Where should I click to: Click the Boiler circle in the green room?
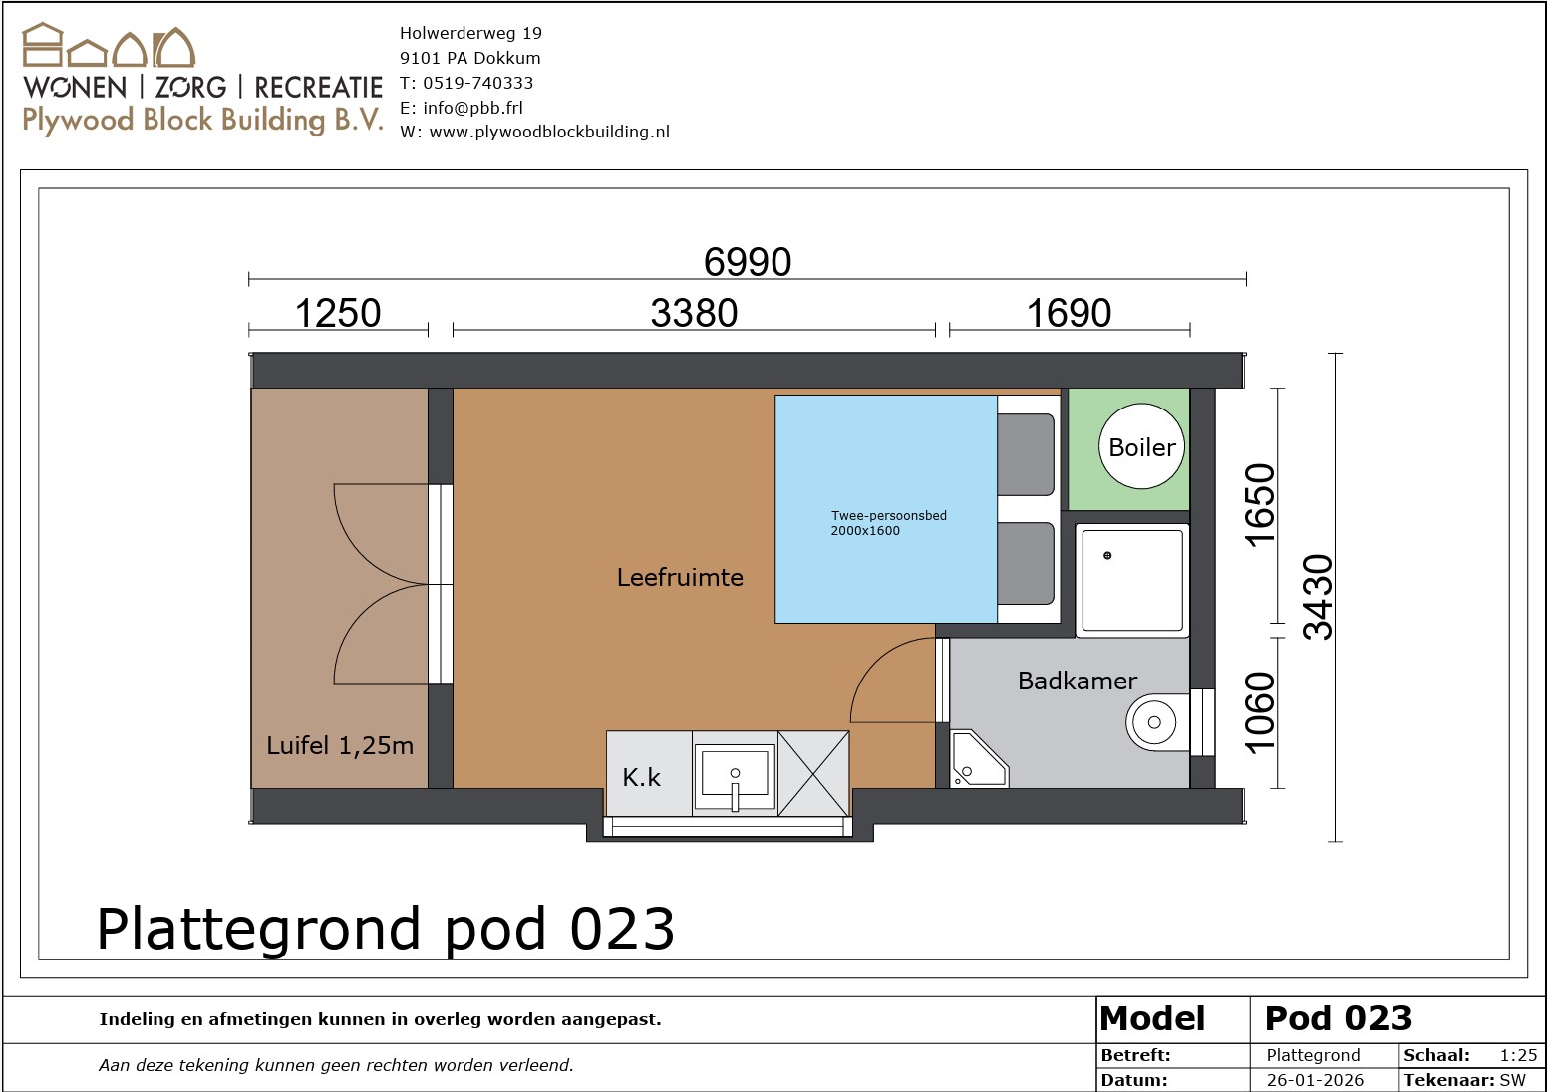pyautogui.click(x=1141, y=446)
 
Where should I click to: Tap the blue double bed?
pyautogui.click(x=885, y=509)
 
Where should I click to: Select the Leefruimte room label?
pyautogui.click(x=680, y=577)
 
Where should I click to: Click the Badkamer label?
pyautogui.click(x=1078, y=682)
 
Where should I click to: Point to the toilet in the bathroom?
pyautogui.click(x=1157, y=722)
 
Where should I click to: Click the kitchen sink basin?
pyautogui.click(x=735, y=775)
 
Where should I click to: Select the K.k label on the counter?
pyautogui.click(x=642, y=778)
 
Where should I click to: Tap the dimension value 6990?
pyautogui.click(x=748, y=262)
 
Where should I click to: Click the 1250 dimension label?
pyautogui.click(x=338, y=313)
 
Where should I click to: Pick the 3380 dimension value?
pyautogui.click(x=694, y=313)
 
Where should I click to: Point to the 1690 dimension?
pyautogui.click(x=1070, y=313)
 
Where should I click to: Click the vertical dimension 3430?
pyautogui.click(x=1317, y=597)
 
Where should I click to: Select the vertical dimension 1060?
pyautogui.click(x=1259, y=712)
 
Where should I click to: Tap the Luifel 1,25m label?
pyautogui.click(x=340, y=745)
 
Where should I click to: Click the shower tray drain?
pyautogui.click(x=1107, y=556)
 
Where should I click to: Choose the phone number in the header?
pyautogui.click(x=477, y=83)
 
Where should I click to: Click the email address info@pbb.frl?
pyautogui.click(x=472, y=108)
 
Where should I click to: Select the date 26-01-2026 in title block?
pyautogui.click(x=1315, y=1080)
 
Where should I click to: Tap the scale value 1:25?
pyautogui.click(x=1519, y=1055)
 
